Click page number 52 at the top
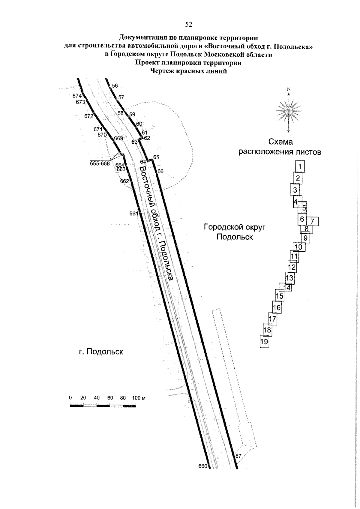[x=188, y=25]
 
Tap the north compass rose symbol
[x=289, y=110]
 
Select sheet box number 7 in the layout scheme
[x=312, y=221]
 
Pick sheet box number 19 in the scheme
[x=264, y=341]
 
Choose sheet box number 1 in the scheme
[x=300, y=166]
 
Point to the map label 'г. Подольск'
[x=101, y=352]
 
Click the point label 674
[x=77, y=96]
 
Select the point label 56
[x=115, y=86]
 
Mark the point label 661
[x=133, y=214]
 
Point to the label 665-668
[x=100, y=163]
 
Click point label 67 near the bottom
[x=238, y=456]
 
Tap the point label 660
[x=203, y=466]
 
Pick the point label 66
[x=160, y=172]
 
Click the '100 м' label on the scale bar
[x=138, y=398]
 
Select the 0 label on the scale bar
[x=70, y=398]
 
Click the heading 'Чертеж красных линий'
[x=188, y=71]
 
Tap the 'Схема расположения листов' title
[x=280, y=147]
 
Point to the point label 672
[x=89, y=116]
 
